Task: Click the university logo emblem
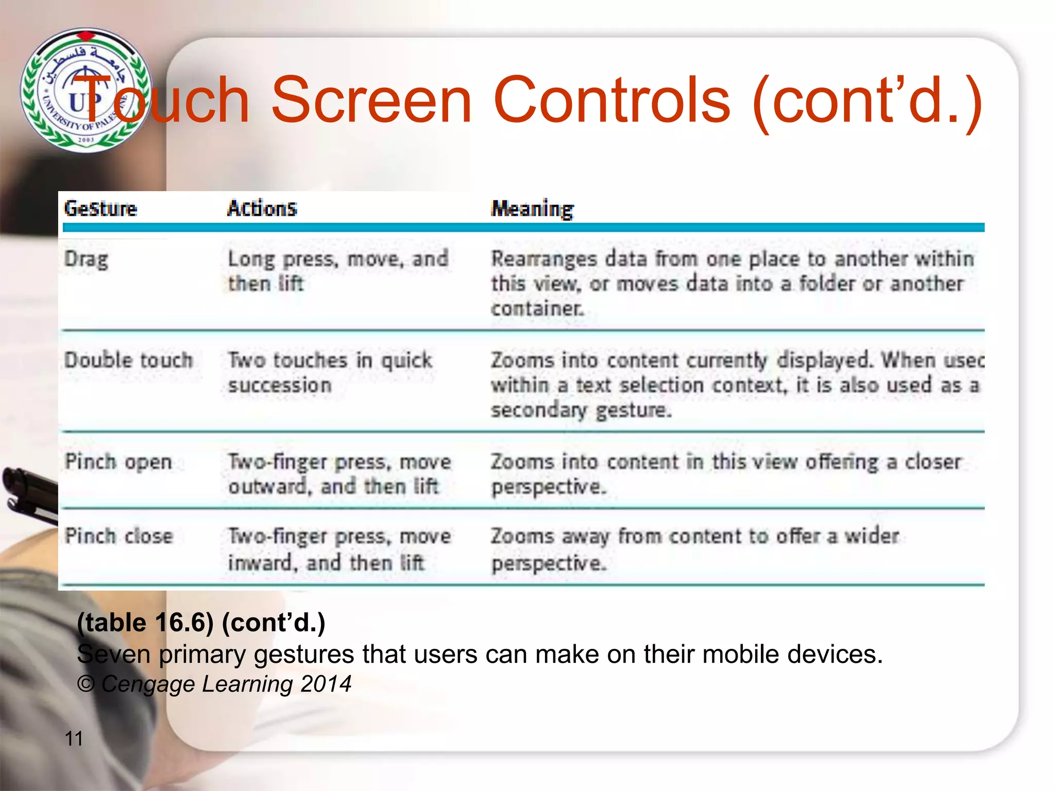tap(86, 90)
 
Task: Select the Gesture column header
tap(100, 209)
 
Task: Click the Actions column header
tap(262, 209)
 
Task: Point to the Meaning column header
tap(532, 209)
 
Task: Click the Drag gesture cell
tap(86, 259)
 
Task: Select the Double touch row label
tap(128, 360)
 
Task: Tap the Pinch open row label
tap(118, 462)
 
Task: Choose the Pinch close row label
tap(118, 536)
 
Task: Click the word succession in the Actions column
tap(280, 385)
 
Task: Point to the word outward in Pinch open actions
tap(267, 486)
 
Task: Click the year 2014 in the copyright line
tap(326, 684)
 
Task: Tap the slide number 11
tap(74, 738)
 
